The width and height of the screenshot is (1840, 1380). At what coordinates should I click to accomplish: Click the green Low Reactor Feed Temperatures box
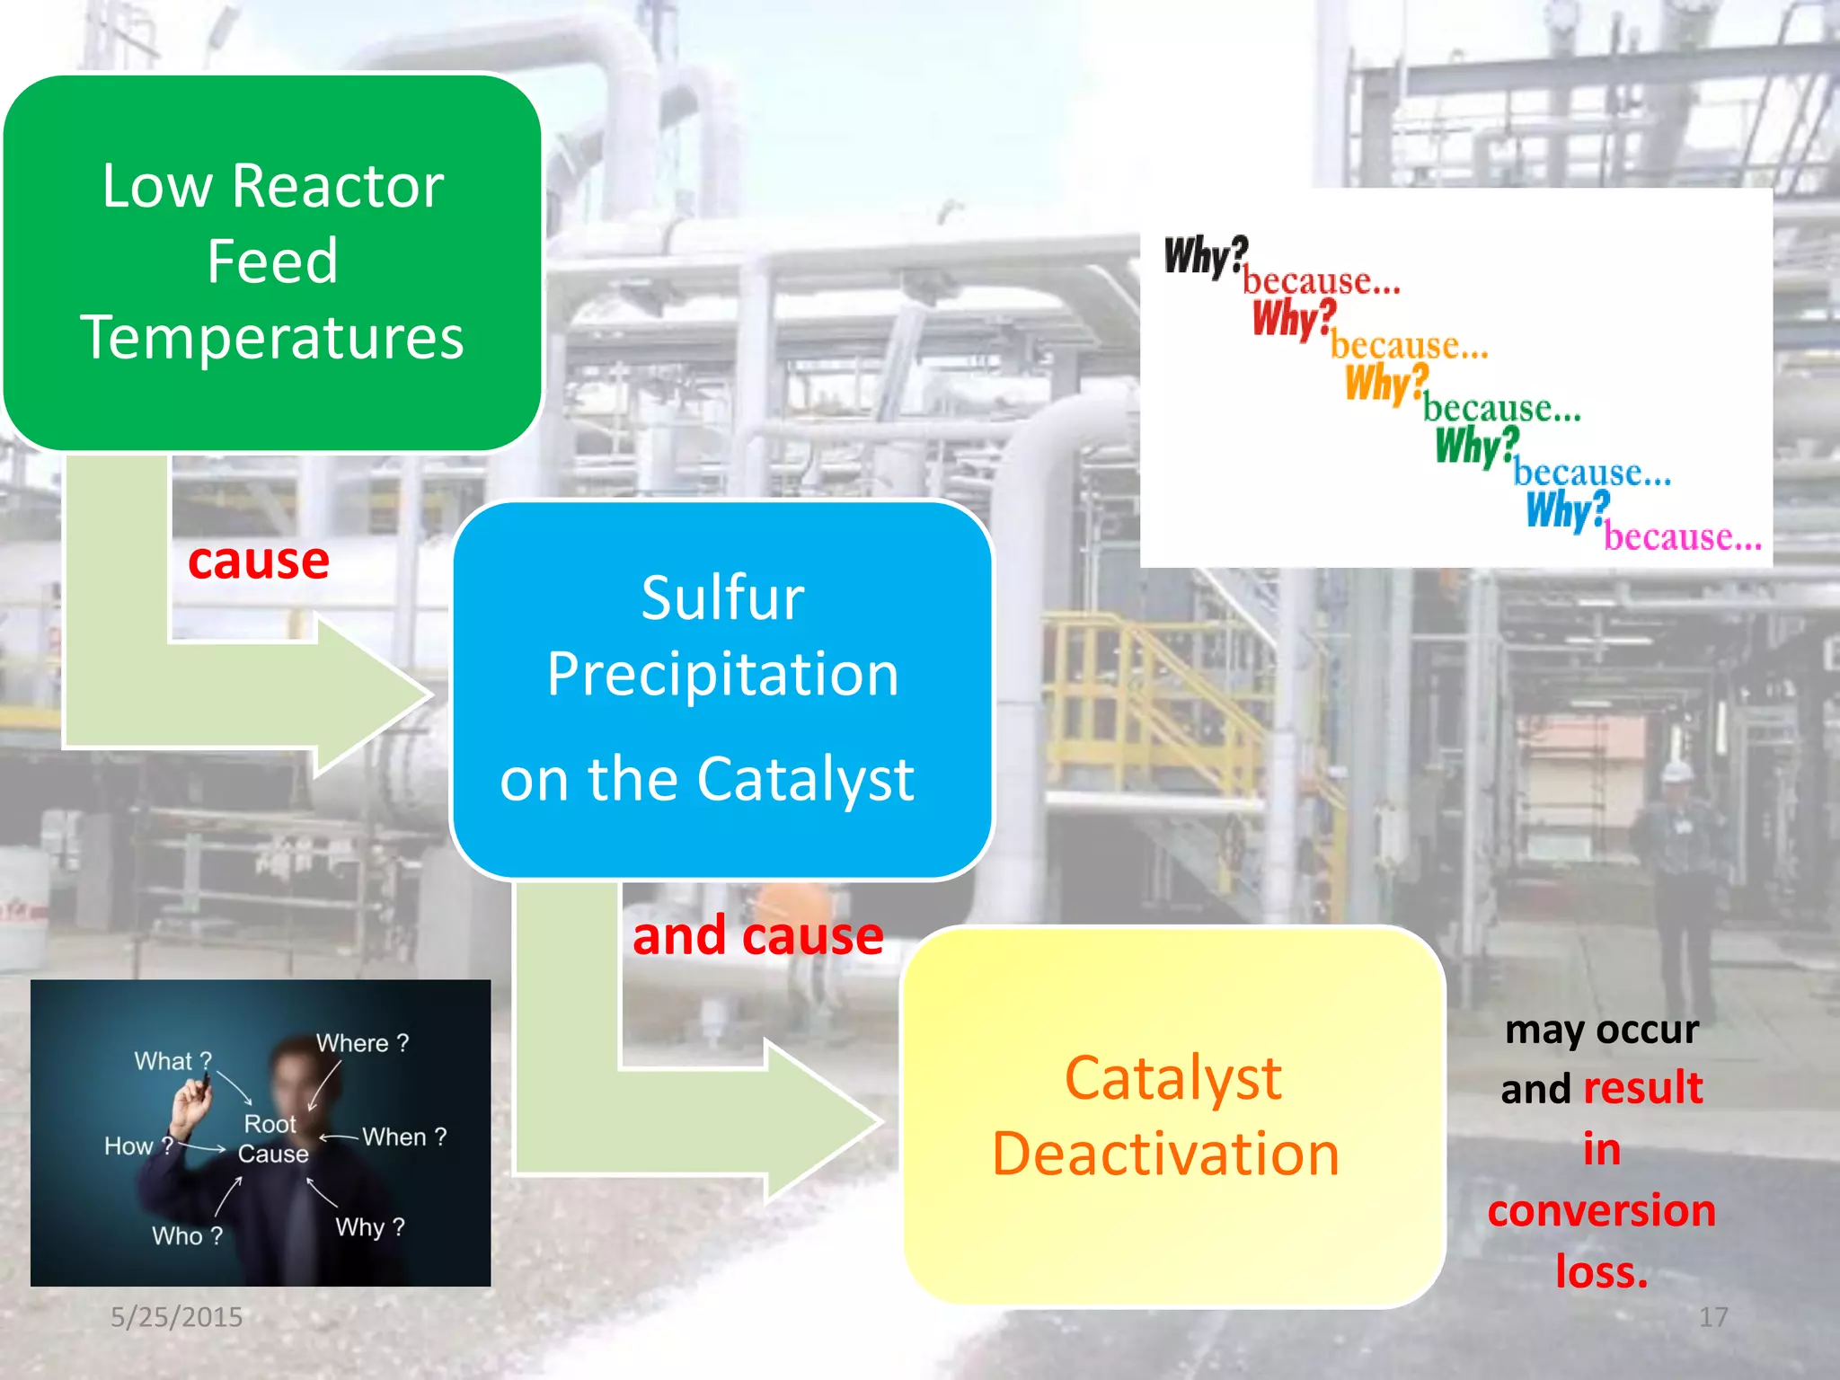[x=272, y=261]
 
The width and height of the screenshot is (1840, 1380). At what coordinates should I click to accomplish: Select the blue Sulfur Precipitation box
[x=721, y=688]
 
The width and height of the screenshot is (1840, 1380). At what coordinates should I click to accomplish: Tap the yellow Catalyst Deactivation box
[x=1172, y=1116]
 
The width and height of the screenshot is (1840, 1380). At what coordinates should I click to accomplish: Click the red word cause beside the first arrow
[x=259, y=562]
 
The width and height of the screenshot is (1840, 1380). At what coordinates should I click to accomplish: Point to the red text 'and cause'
[x=757, y=936]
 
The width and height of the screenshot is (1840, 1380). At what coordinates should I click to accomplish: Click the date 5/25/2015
[x=176, y=1317]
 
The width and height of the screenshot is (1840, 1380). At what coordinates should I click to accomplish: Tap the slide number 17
[x=1712, y=1317]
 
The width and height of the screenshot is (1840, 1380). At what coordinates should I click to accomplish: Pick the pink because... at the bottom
[x=1683, y=537]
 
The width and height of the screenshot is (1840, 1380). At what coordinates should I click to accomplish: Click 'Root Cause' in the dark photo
[x=272, y=1138]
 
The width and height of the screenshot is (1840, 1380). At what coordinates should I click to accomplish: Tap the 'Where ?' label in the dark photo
[x=362, y=1043]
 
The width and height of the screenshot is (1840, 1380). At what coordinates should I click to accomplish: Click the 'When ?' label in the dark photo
[x=404, y=1137]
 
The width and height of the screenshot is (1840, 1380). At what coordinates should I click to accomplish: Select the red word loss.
[x=1602, y=1271]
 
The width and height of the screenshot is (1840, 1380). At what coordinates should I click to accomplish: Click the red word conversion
[x=1602, y=1210]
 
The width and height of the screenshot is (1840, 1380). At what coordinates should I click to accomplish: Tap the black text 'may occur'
[x=1602, y=1030]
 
